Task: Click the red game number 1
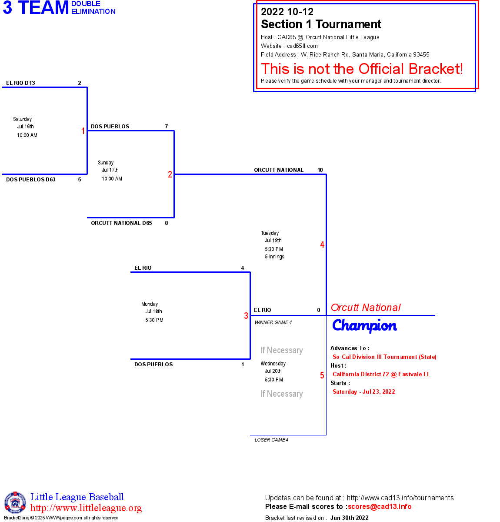pos(83,131)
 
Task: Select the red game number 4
pos(322,245)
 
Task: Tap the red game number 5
pos(322,375)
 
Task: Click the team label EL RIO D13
pos(20,83)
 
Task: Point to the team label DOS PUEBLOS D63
pos(31,180)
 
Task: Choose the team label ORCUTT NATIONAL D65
pos(121,223)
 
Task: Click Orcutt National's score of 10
pos(320,170)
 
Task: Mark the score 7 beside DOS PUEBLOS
pos(167,127)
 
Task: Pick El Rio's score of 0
pos(319,310)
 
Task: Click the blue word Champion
pos(364,325)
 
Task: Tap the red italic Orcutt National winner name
pos(366,308)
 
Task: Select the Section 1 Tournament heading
pos(321,24)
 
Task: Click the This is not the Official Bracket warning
pos(362,69)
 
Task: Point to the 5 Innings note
pos(274,257)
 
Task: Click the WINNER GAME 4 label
pos(273,322)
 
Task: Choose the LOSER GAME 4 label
pos(271,440)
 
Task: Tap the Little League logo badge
pos(15,502)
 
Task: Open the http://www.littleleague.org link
pos(86,508)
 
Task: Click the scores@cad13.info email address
pos(380,506)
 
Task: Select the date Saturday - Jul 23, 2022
pos(364,392)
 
